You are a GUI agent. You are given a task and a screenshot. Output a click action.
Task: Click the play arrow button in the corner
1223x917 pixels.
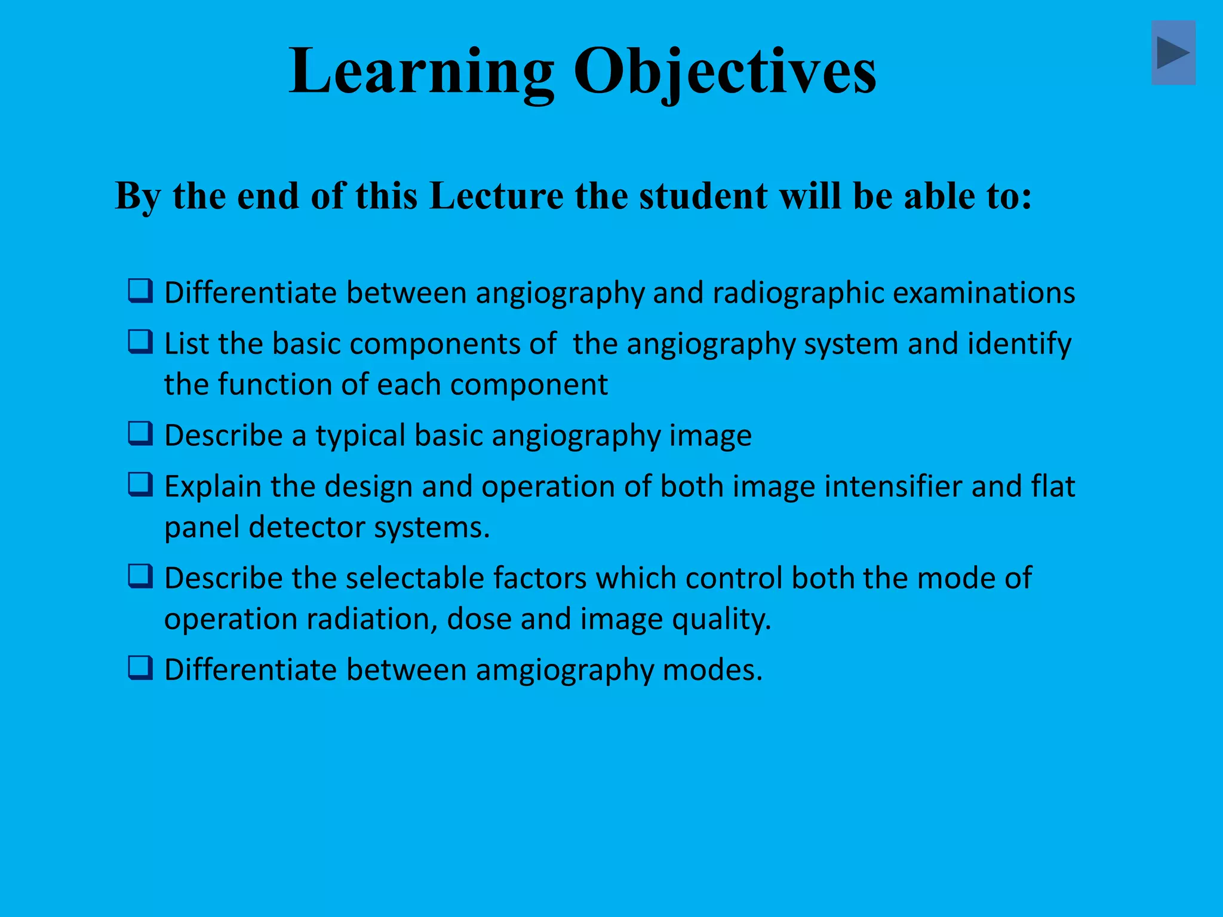point(1173,53)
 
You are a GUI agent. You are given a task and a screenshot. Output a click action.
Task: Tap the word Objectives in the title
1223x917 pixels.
point(725,72)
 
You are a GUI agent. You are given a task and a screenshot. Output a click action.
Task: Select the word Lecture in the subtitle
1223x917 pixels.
point(496,196)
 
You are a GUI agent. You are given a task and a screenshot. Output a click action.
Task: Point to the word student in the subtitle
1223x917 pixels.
point(703,196)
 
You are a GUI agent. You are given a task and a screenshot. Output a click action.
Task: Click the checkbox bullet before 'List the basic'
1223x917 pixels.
point(141,342)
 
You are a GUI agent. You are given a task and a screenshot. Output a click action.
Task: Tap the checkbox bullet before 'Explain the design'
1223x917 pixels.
point(141,485)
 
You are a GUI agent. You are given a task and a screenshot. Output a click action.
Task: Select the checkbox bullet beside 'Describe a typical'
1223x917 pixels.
point(141,434)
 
